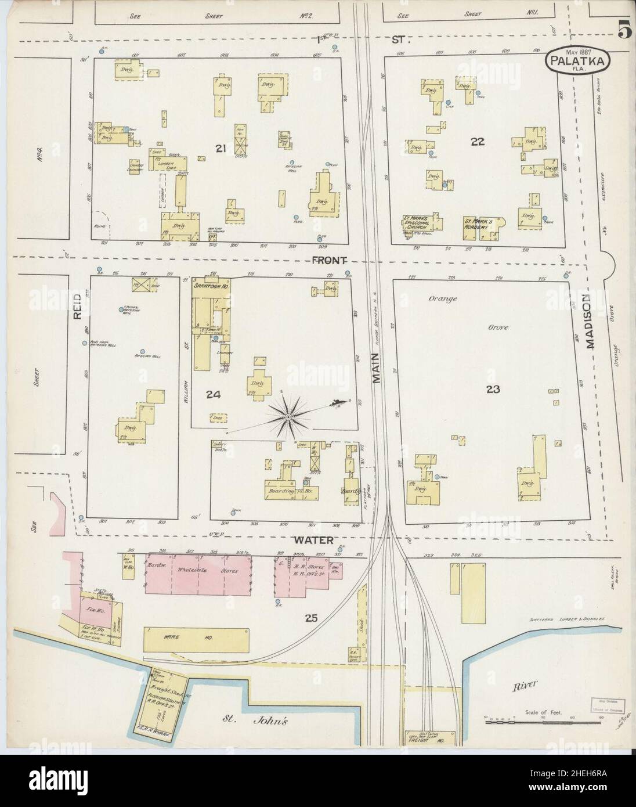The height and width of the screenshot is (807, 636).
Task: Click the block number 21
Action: pos(221,149)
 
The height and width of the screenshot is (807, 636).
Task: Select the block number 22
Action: pos(478,141)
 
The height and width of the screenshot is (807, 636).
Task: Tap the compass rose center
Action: pos(288,417)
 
